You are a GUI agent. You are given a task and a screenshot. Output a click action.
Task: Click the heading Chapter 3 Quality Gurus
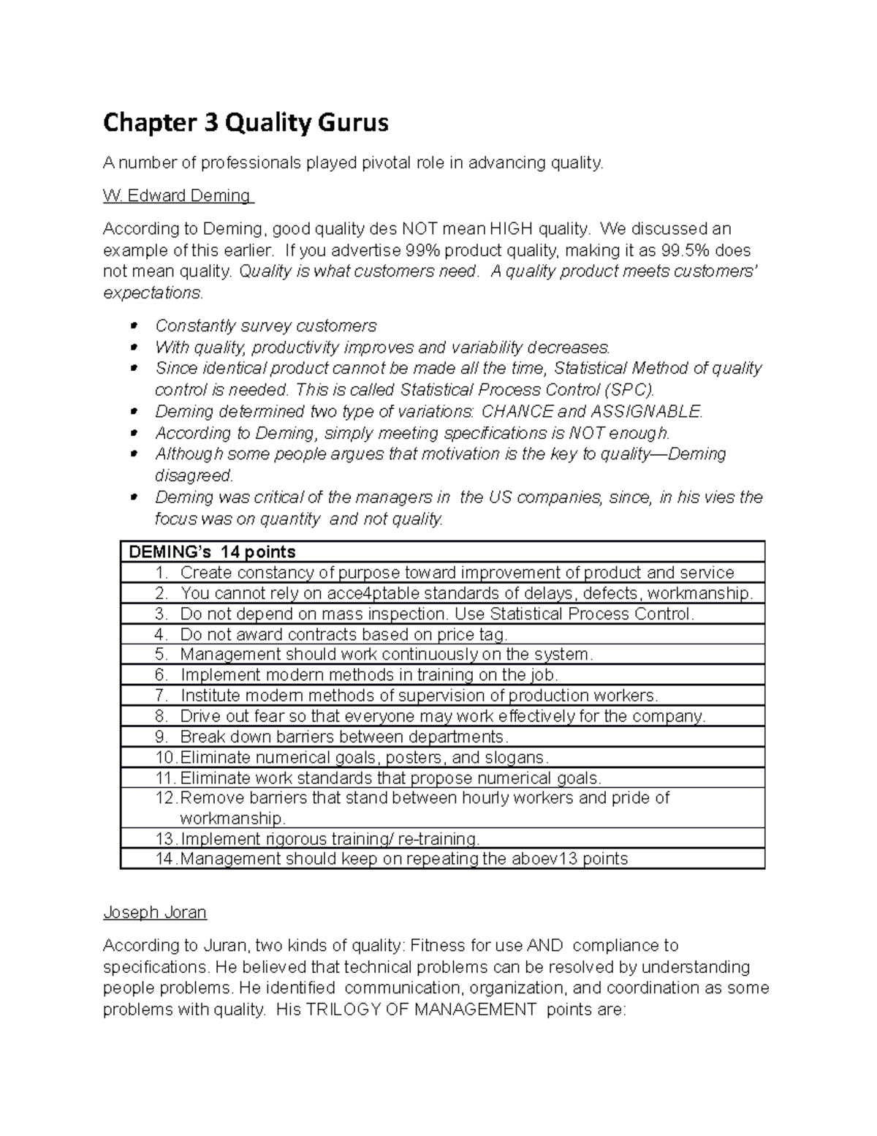[246, 123]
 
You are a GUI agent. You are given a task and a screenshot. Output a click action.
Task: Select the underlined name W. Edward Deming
[178, 196]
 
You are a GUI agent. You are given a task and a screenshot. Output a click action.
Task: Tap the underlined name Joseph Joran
[155, 912]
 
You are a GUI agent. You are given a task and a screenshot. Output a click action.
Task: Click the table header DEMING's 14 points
[212, 552]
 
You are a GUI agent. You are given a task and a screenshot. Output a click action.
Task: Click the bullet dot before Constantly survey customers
[133, 326]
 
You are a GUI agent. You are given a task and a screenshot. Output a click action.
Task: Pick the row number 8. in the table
[162, 716]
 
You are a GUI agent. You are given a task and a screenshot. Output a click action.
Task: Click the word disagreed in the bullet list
[193, 475]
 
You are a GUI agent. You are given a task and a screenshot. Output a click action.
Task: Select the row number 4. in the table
[162, 634]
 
